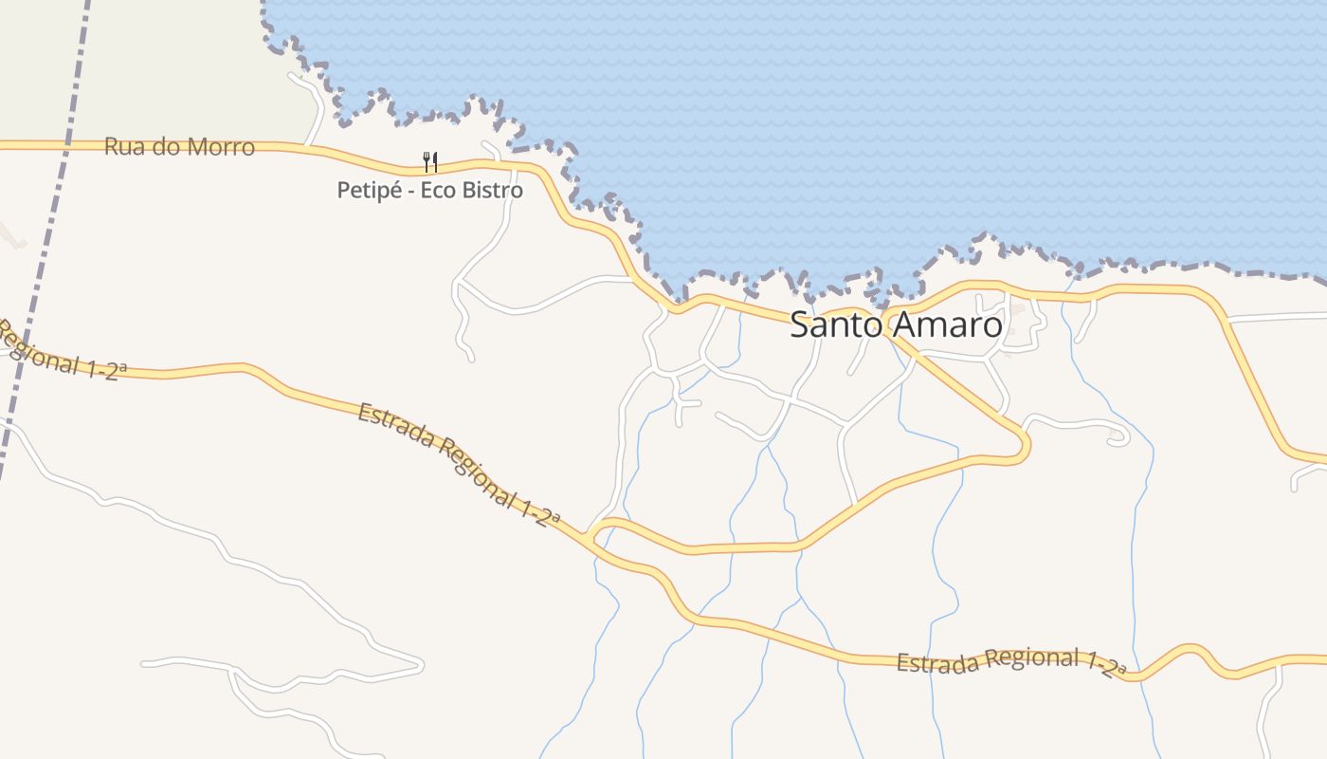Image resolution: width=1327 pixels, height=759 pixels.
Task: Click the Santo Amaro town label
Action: [x=896, y=325]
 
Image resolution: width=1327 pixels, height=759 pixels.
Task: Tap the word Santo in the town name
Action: [x=831, y=325]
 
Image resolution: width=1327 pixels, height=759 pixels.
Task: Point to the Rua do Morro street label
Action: [x=179, y=147]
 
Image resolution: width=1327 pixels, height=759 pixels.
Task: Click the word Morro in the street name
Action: [x=221, y=147]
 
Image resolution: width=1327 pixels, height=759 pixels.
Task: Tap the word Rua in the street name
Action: [x=122, y=147]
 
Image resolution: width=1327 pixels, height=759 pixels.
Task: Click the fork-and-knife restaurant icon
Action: [x=429, y=161]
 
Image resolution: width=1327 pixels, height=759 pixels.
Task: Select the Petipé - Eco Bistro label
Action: [x=429, y=190]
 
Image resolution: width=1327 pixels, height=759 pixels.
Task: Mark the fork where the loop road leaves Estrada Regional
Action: [x=591, y=537]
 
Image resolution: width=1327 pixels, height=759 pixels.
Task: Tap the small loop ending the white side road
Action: [x=1118, y=437]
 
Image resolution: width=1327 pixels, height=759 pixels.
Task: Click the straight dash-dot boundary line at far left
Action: [x=38, y=237]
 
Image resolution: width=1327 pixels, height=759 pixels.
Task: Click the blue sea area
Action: [x=853, y=123]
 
